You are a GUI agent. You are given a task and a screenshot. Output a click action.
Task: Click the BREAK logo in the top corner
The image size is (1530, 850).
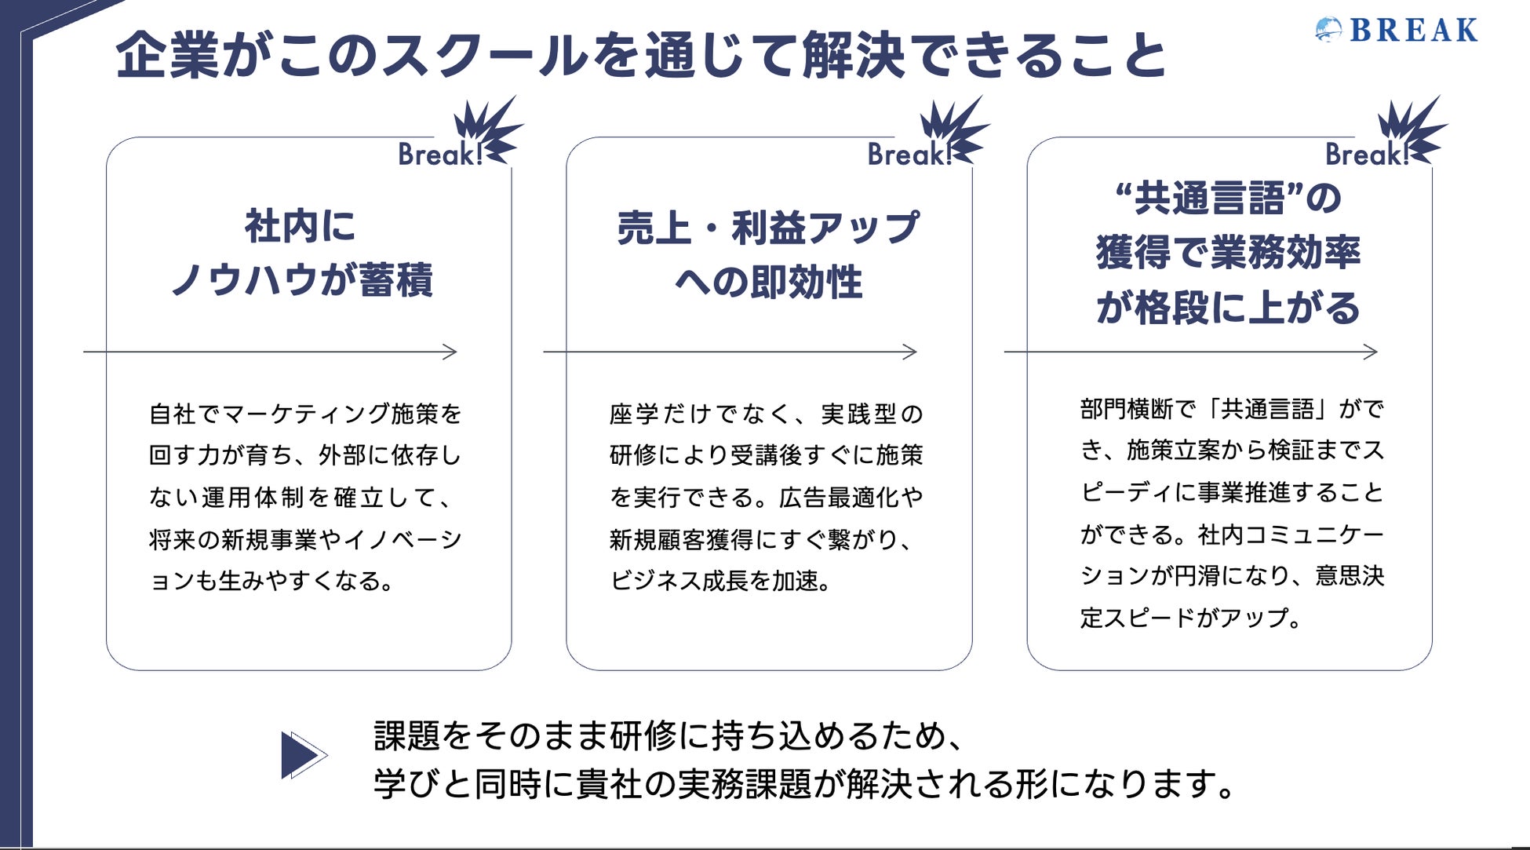(1397, 31)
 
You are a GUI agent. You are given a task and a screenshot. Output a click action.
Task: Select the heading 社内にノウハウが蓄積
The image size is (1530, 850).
(301, 253)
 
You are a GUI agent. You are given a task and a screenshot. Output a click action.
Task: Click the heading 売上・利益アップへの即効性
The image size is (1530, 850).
(768, 254)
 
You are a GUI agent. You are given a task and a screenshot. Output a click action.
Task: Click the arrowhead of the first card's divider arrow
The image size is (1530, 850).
(450, 352)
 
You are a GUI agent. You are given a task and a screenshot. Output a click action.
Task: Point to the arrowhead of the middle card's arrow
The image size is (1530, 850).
(910, 352)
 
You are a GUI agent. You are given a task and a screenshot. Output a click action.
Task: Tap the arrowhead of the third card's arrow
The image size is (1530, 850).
(1371, 352)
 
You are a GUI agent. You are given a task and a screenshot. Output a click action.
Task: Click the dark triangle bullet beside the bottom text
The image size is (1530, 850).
(301, 755)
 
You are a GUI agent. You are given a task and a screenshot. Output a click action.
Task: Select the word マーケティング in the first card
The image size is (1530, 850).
(307, 414)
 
